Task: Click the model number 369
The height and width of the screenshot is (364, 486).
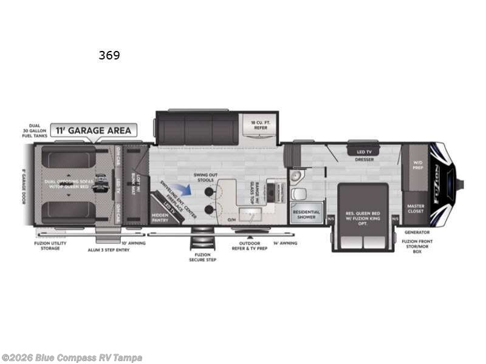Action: (109, 56)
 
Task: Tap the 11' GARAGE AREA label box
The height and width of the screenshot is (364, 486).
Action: (94, 130)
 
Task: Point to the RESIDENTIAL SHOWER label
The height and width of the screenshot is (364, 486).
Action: (306, 214)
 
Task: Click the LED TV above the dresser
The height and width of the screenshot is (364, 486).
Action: (364, 151)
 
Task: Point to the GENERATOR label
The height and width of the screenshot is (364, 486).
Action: (417, 232)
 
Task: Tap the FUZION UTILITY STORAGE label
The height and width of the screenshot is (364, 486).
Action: (50, 246)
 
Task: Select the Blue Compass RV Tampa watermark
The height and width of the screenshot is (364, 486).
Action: (72, 358)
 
